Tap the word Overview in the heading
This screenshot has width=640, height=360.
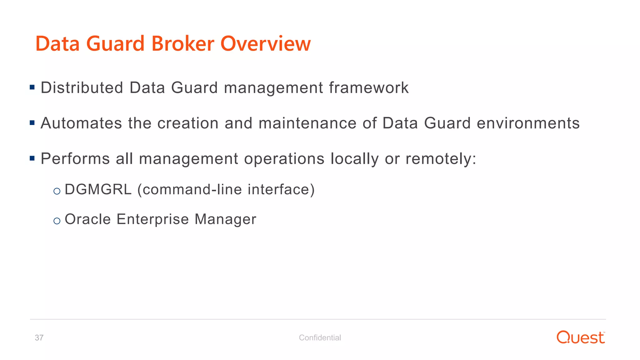(x=266, y=43)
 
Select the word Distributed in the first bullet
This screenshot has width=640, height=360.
(x=82, y=88)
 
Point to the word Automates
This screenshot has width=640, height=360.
(x=81, y=123)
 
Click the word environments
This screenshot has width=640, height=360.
(x=528, y=123)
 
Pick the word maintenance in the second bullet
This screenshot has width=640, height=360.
(x=307, y=123)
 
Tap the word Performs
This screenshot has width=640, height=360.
(x=75, y=159)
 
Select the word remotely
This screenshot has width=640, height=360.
(x=441, y=159)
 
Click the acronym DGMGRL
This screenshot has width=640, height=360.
(x=98, y=190)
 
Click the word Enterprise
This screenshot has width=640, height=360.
(x=153, y=219)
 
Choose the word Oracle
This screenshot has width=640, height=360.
(x=88, y=219)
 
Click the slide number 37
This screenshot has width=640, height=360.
(x=39, y=338)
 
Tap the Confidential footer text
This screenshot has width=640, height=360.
(x=320, y=338)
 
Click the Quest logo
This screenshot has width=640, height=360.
(x=581, y=337)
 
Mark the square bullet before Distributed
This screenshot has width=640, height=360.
(x=32, y=87)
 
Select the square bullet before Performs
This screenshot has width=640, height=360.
(x=32, y=158)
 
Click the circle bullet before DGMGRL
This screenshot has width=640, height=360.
(x=57, y=191)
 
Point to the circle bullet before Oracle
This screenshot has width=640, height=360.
(x=57, y=221)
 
